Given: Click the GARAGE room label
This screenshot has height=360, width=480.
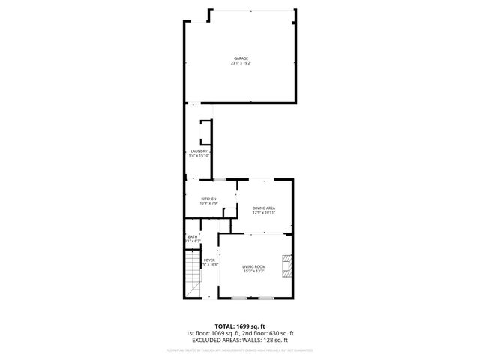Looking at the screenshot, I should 240,58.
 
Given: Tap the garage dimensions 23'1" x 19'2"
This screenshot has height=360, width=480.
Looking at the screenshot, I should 240,63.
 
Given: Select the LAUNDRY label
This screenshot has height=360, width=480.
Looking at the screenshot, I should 199,151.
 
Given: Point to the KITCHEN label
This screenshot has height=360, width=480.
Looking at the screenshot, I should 208,199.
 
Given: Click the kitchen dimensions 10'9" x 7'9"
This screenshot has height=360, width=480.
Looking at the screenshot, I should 208,203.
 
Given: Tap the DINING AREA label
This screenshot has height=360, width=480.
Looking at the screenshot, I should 264,208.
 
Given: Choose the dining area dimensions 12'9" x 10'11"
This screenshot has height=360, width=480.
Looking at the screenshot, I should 264,212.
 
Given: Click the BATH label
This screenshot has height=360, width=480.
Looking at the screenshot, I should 193,237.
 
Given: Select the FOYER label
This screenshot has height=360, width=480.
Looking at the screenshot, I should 209,260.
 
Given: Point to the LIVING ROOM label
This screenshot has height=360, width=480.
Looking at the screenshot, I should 254,267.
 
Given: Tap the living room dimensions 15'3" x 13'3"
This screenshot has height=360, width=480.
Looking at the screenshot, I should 254,271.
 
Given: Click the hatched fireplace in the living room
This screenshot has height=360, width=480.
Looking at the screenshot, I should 286,265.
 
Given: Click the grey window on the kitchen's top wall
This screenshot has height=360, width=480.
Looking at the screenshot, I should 221,180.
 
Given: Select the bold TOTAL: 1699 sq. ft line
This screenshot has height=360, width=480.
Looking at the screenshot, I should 240,327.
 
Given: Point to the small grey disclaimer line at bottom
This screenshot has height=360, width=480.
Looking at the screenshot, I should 240,349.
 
